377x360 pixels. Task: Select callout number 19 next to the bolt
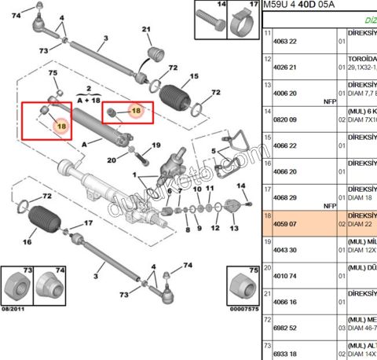156,145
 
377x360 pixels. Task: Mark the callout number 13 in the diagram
234,228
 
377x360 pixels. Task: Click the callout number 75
54,74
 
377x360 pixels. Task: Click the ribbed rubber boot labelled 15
177,100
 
